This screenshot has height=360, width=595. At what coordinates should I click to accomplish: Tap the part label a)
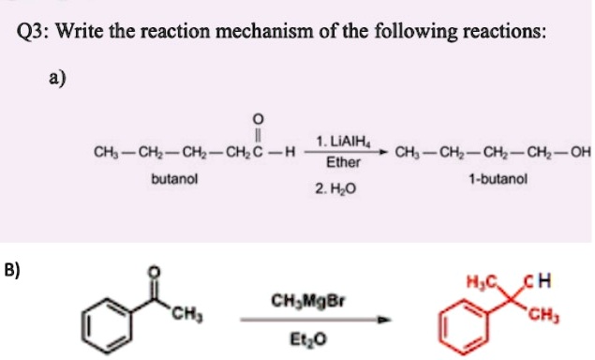click(58, 79)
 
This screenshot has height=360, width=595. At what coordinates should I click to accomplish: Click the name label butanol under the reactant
click(173, 177)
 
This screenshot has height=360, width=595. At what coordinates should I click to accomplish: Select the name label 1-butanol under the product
click(487, 177)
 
